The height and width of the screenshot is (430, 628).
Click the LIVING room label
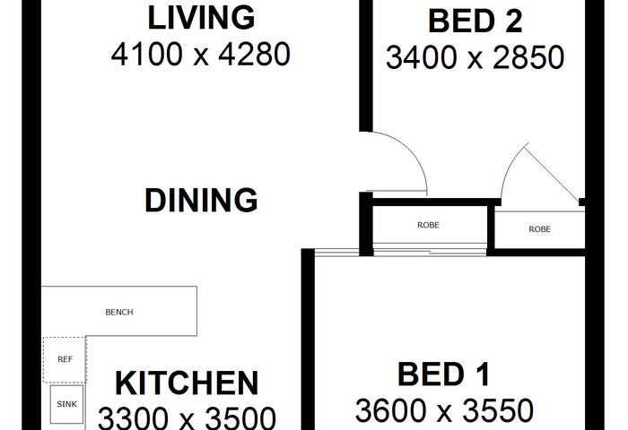(201, 18)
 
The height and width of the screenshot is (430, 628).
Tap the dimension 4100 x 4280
(201, 55)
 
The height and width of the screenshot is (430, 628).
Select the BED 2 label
(475, 21)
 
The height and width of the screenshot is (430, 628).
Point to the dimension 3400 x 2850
(475, 57)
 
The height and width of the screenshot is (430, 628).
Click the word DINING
(201, 200)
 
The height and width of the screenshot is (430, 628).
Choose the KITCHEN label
(187, 383)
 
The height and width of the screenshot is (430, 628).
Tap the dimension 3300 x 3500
(187, 418)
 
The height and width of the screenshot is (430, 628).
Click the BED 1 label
(444, 374)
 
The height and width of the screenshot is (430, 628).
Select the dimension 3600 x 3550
(444, 410)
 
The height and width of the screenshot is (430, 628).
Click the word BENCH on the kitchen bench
(119, 312)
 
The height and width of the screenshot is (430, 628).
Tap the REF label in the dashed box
(65, 359)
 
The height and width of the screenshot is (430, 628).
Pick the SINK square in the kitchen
(66, 404)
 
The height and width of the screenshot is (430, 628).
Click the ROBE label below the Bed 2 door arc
(428, 225)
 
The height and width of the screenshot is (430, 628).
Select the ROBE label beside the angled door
(539, 229)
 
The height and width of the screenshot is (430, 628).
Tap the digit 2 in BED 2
(514, 21)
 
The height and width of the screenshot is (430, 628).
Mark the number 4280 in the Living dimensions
(254, 55)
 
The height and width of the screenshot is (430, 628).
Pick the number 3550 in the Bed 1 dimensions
(498, 410)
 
